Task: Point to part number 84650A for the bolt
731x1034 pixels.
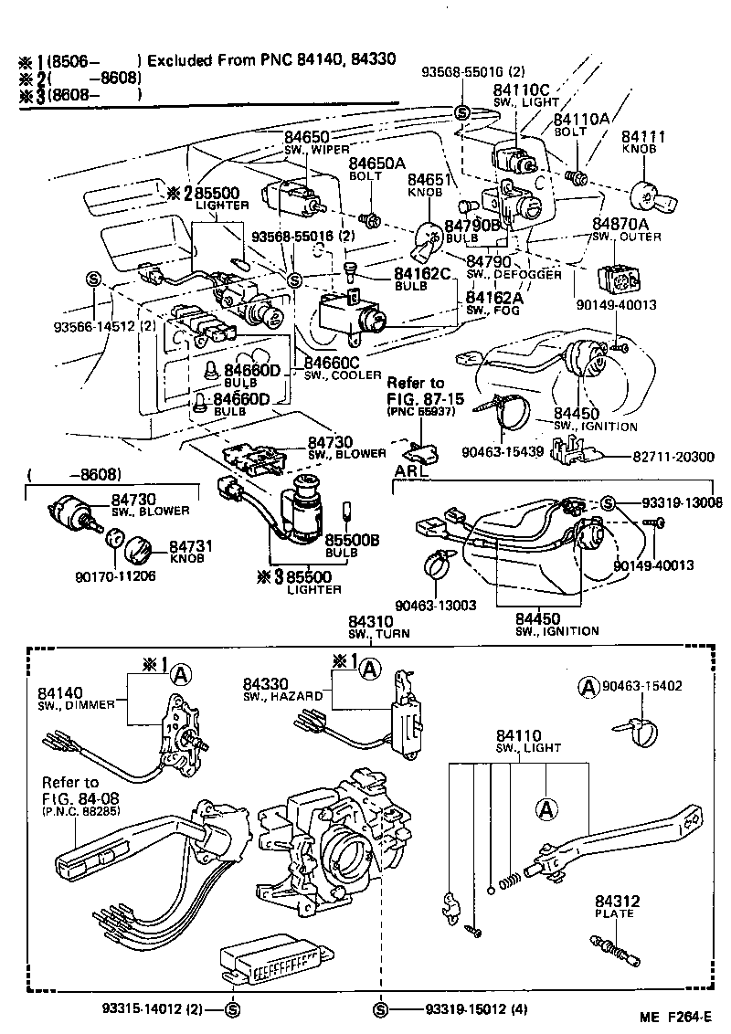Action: click(x=376, y=163)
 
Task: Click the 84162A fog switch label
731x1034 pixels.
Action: click(x=494, y=298)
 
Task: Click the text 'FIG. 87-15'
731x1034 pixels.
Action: click(x=416, y=399)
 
